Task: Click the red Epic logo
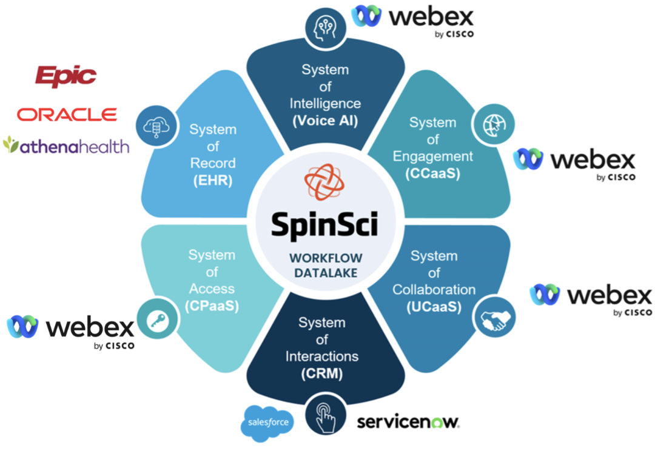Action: [65, 76]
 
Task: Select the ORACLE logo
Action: [67, 114]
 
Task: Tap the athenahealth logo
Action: [66, 146]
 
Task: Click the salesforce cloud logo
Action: [267, 422]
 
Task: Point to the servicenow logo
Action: [408, 421]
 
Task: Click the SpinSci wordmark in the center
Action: [324, 224]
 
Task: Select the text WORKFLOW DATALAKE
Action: [326, 265]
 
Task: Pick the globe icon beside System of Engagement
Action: [493, 125]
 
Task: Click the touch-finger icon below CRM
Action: [326, 415]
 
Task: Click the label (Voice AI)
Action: [325, 121]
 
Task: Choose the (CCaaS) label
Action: [432, 173]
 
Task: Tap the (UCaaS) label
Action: [434, 307]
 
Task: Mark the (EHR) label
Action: [212, 180]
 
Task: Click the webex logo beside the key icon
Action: [71, 331]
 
